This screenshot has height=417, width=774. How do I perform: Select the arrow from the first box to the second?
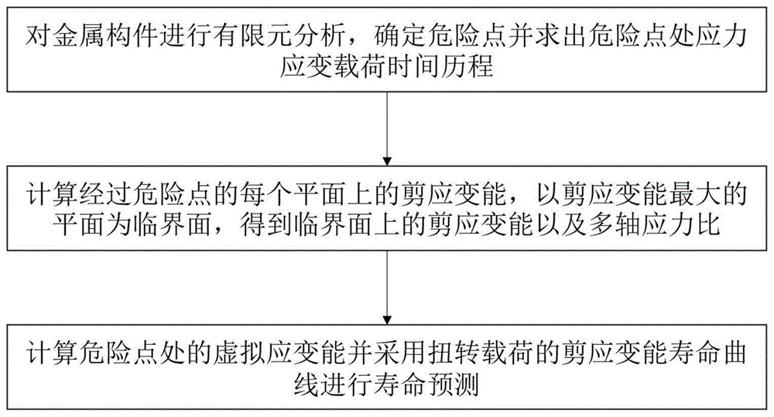point(386,125)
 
